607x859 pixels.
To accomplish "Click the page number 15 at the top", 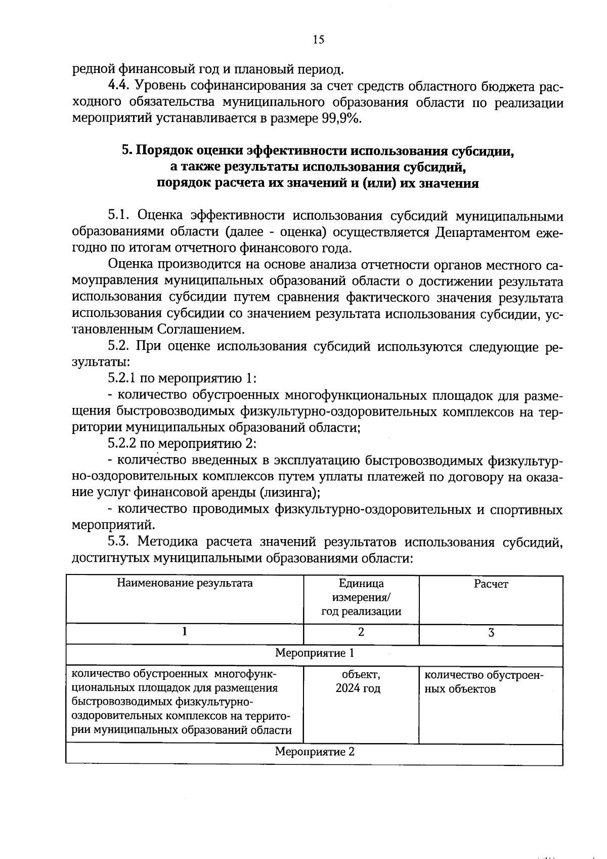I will point(318,40).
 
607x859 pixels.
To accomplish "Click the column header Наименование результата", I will point(185,584).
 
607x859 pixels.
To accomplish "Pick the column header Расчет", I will point(491,585).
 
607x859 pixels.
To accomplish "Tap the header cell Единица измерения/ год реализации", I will point(361,598).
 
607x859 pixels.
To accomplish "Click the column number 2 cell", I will point(361,632).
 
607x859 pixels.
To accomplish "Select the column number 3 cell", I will point(491,633).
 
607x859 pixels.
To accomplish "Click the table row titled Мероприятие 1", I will point(314,653).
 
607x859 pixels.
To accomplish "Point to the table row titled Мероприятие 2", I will point(314,752).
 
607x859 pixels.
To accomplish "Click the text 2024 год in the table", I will point(361,689).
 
